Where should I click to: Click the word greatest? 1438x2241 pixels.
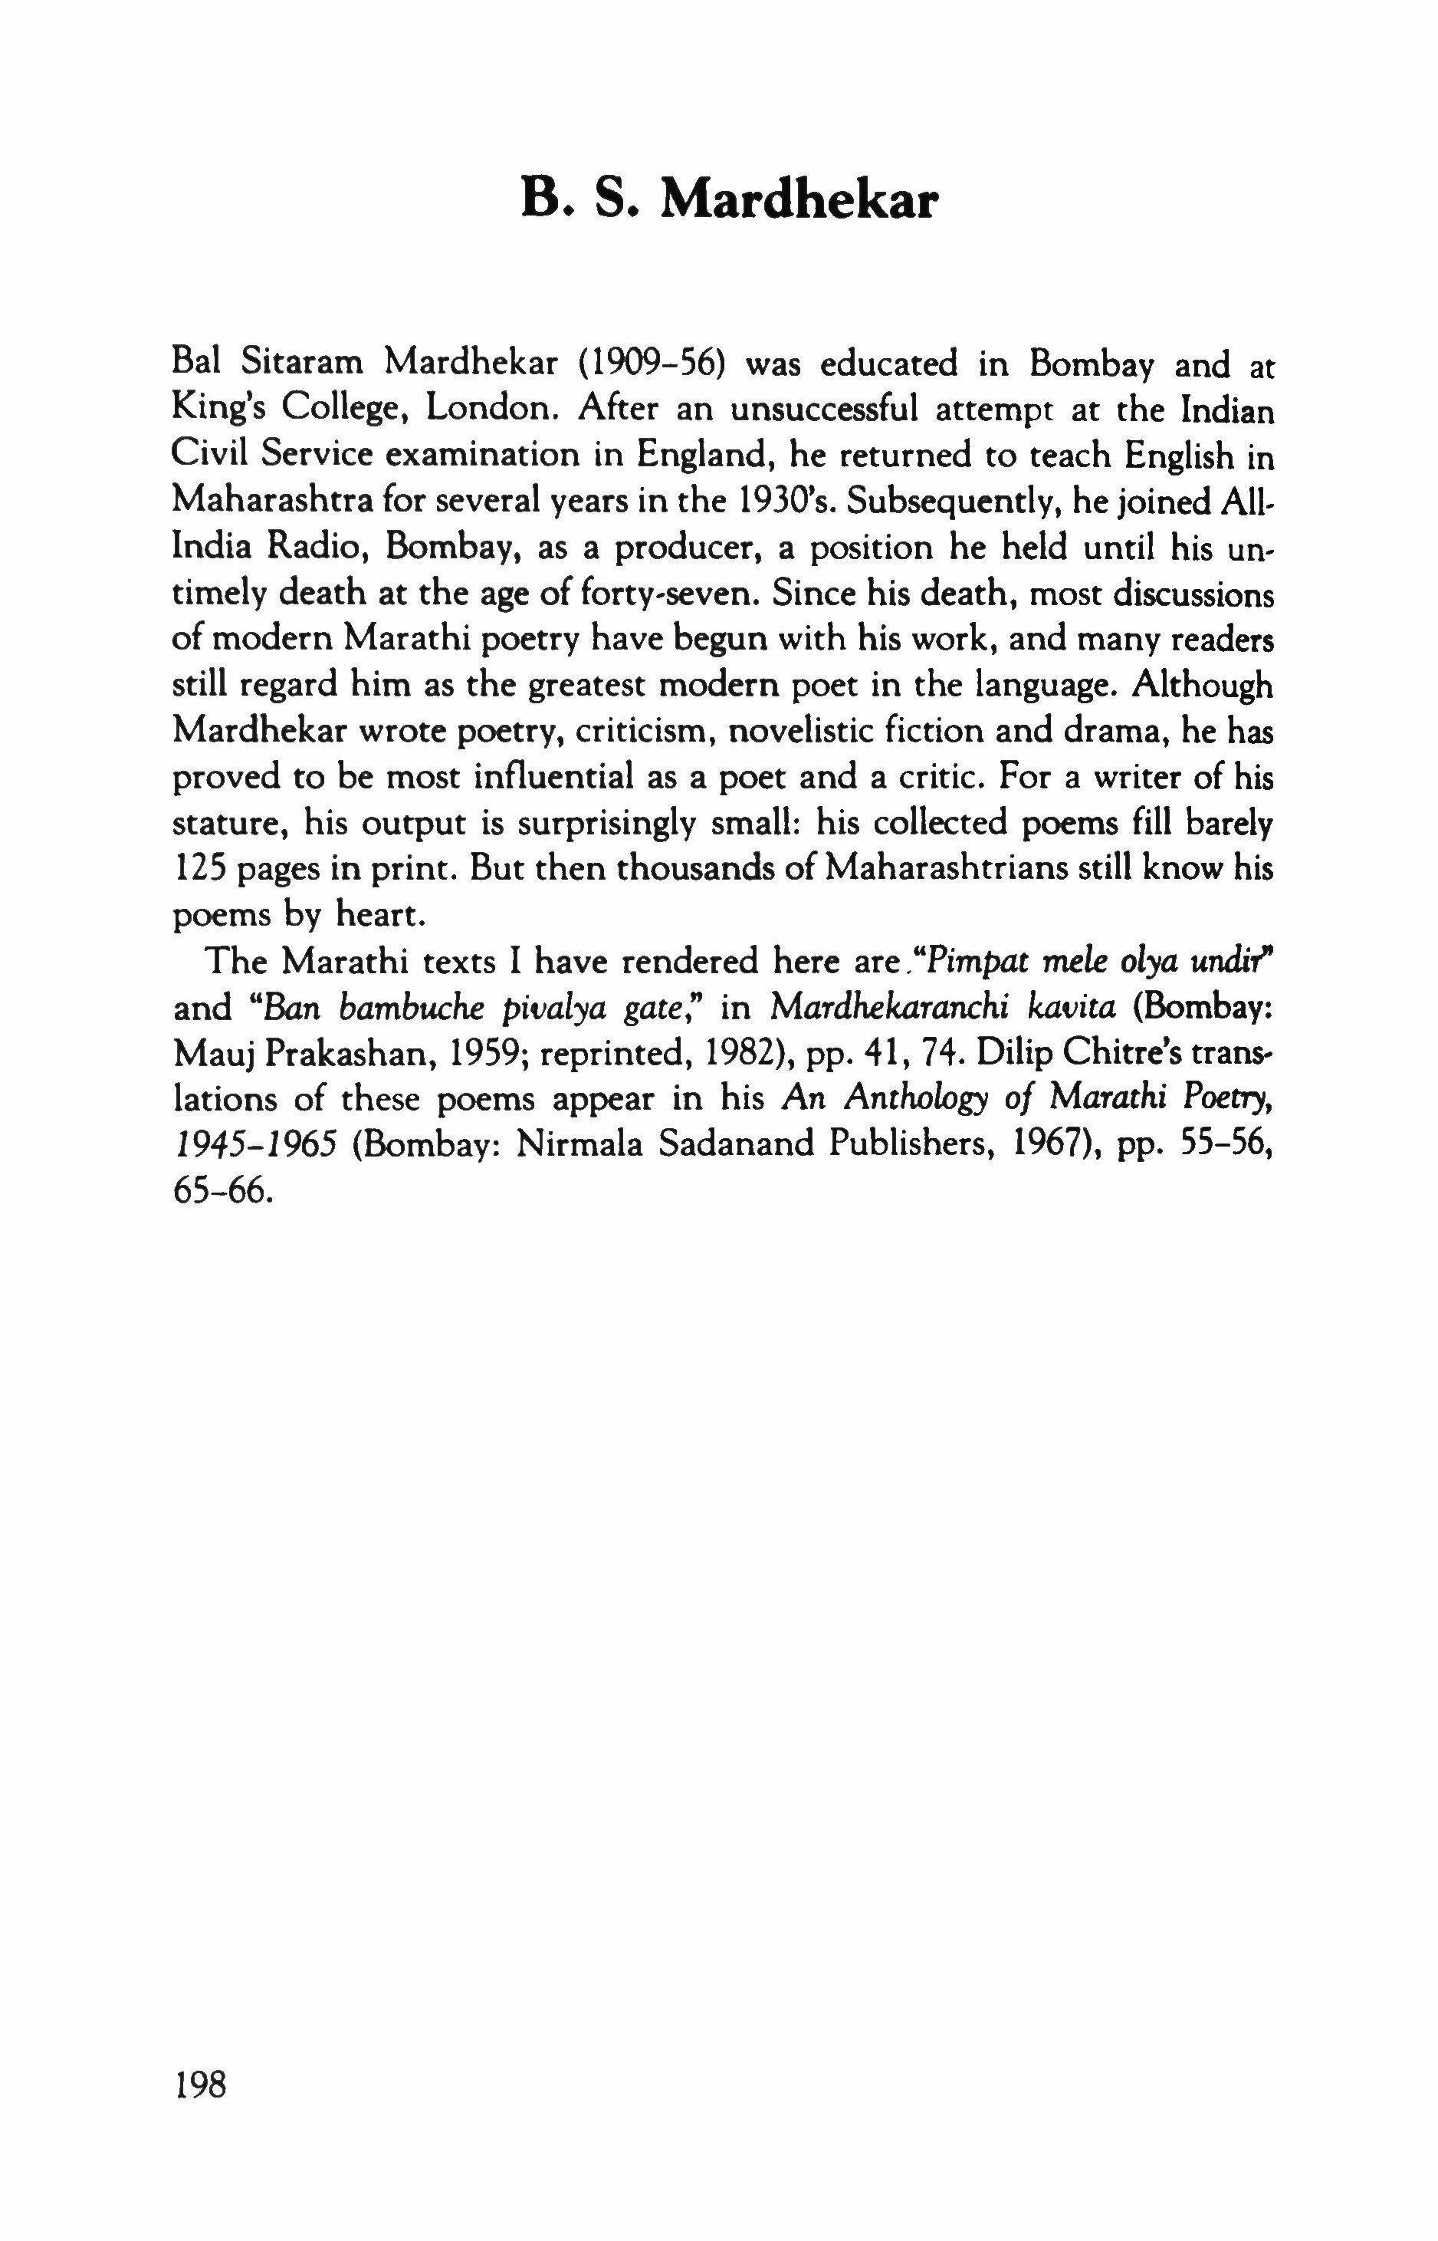pyautogui.click(x=586, y=685)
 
